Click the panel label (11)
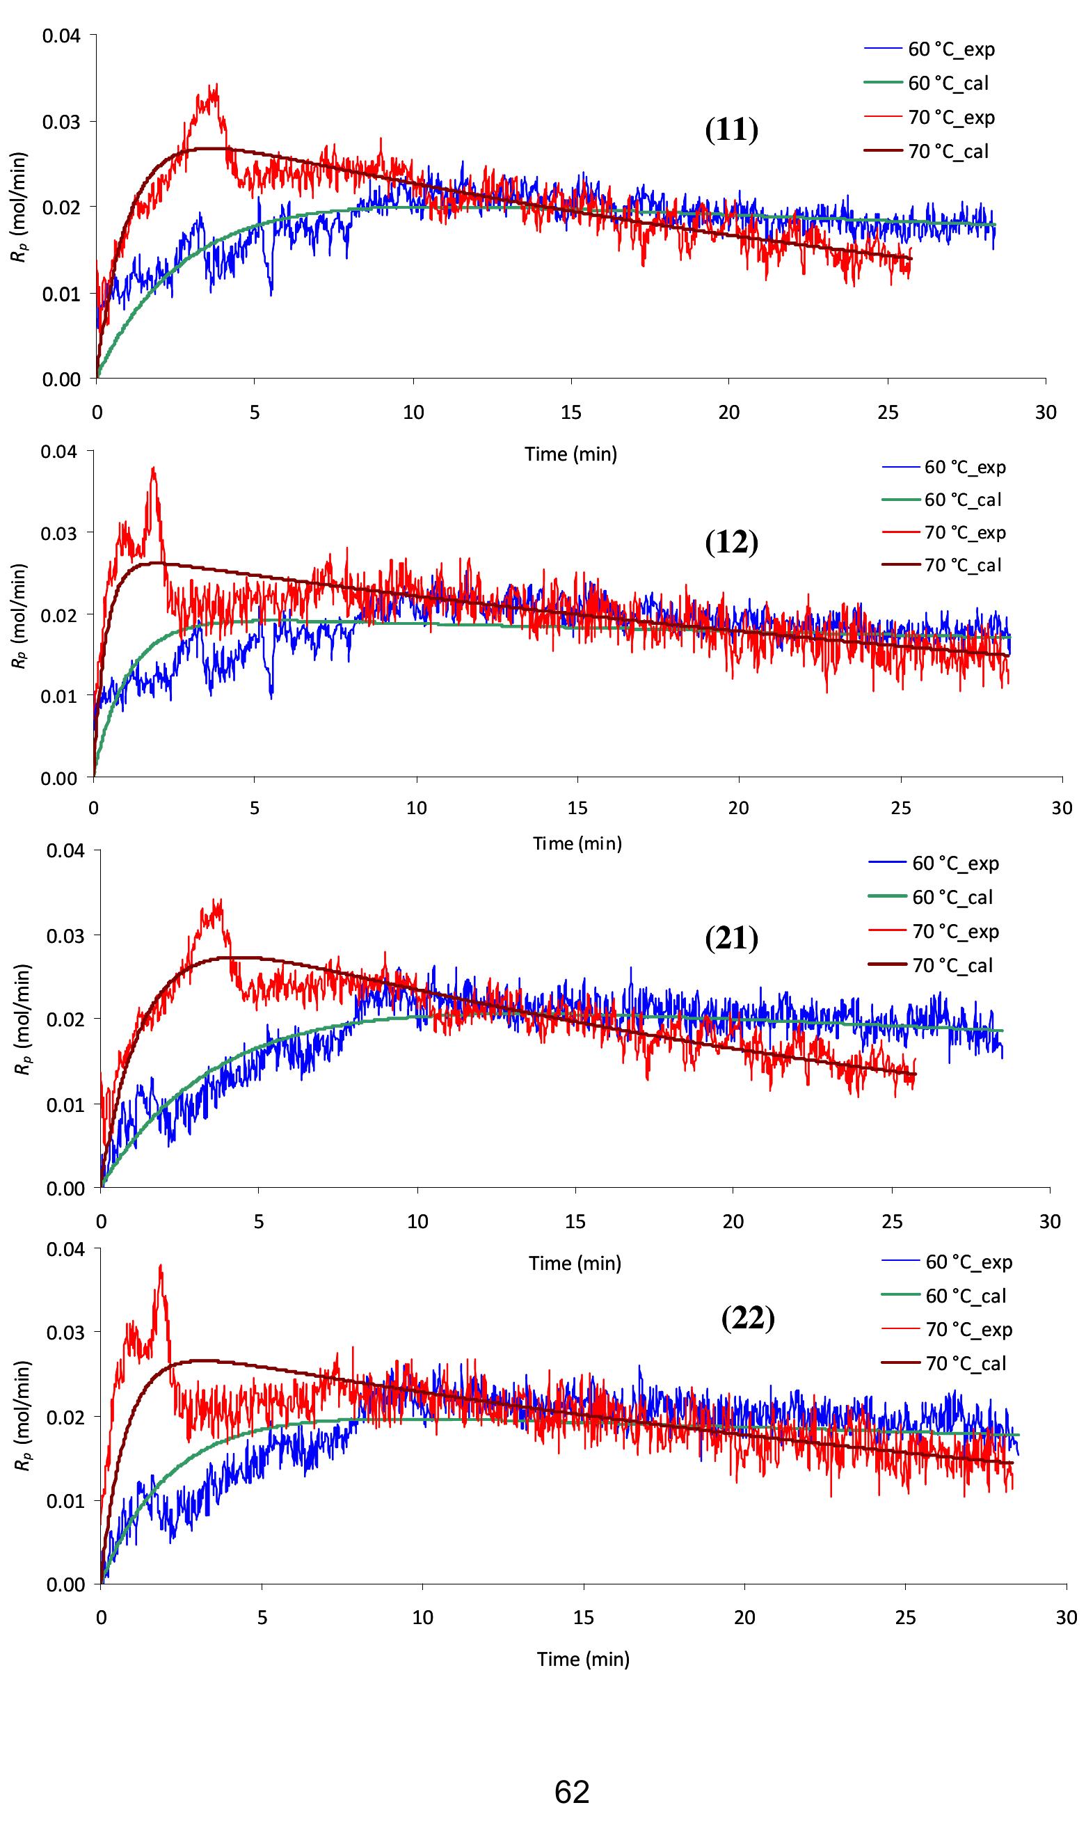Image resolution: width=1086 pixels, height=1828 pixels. pos(731,130)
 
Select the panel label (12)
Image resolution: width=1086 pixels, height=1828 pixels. pos(731,543)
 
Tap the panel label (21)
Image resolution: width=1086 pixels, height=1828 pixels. pos(731,938)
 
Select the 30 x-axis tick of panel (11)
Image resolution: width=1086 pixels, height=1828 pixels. pos(1046,413)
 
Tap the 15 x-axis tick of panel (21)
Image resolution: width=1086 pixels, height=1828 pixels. pos(575,1221)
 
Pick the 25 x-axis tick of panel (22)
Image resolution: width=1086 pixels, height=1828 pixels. pos(905,1617)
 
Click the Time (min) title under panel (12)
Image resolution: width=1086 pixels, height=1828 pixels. pos(577,844)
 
